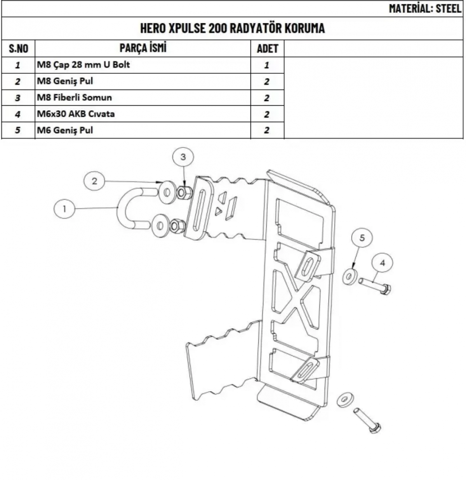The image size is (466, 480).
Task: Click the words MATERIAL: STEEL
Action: (425, 9)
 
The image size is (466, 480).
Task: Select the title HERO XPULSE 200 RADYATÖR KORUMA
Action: (232, 28)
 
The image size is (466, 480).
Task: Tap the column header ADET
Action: (268, 48)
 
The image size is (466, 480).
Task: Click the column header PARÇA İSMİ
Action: (143, 48)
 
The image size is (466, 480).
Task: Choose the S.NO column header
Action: (19, 48)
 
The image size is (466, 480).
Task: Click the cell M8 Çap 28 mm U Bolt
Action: (83, 65)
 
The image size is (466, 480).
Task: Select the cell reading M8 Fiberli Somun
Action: (74, 97)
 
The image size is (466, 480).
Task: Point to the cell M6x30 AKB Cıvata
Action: (76, 114)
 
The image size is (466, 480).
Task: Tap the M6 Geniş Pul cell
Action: (65, 130)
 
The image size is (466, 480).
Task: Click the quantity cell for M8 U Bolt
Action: (267, 65)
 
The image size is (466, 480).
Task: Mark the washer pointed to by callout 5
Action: (349, 277)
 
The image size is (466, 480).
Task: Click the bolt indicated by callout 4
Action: (375, 286)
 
